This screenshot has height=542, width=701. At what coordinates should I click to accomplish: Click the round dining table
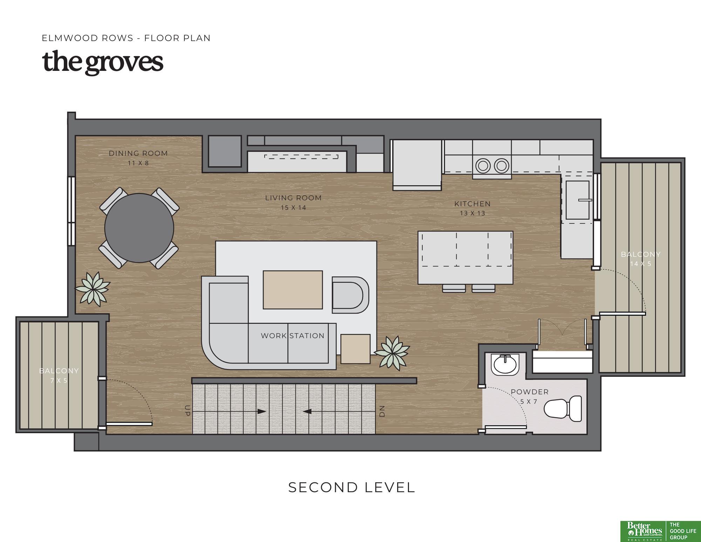pyautogui.click(x=139, y=228)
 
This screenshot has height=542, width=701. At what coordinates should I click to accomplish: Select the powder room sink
pyautogui.click(x=505, y=364)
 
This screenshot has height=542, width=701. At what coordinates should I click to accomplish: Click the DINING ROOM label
pyautogui.click(x=138, y=153)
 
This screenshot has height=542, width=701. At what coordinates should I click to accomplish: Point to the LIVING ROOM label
pyautogui.click(x=293, y=198)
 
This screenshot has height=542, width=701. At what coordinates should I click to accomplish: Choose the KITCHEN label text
pyautogui.click(x=472, y=204)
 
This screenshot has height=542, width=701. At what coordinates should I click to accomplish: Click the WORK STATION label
pyautogui.click(x=293, y=336)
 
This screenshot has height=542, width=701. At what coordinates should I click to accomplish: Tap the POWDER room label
pyautogui.click(x=530, y=392)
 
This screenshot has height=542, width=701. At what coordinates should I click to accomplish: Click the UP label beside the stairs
pyautogui.click(x=188, y=411)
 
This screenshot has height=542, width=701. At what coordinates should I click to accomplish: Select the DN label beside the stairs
pyautogui.click(x=382, y=411)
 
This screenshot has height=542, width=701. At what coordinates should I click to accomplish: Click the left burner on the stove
pyautogui.click(x=483, y=166)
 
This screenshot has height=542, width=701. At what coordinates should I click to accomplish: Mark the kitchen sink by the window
pyautogui.click(x=577, y=200)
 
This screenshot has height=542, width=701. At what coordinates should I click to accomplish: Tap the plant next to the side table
pyautogui.click(x=392, y=353)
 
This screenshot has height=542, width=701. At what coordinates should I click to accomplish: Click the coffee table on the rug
pyautogui.click(x=293, y=290)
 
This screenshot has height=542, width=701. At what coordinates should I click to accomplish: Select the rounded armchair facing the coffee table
pyautogui.click(x=350, y=295)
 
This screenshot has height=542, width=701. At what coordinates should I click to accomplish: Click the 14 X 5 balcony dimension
pyautogui.click(x=641, y=264)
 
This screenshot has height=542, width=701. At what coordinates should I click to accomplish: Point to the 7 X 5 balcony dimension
pyautogui.click(x=59, y=380)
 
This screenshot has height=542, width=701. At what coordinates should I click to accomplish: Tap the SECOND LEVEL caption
pyautogui.click(x=352, y=487)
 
